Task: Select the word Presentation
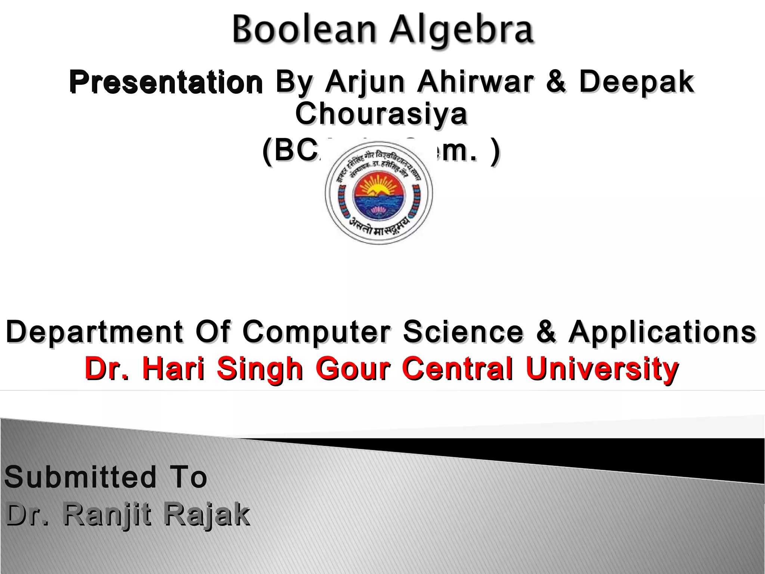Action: (166, 82)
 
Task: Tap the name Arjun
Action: (365, 82)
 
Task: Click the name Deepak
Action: (637, 82)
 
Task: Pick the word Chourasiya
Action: (381, 114)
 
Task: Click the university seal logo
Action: (379, 193)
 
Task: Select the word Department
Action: (95, 332)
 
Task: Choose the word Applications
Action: (662, 332)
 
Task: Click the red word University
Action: (602, 369)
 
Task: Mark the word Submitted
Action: (80, 477)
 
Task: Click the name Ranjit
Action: (107, 515)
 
